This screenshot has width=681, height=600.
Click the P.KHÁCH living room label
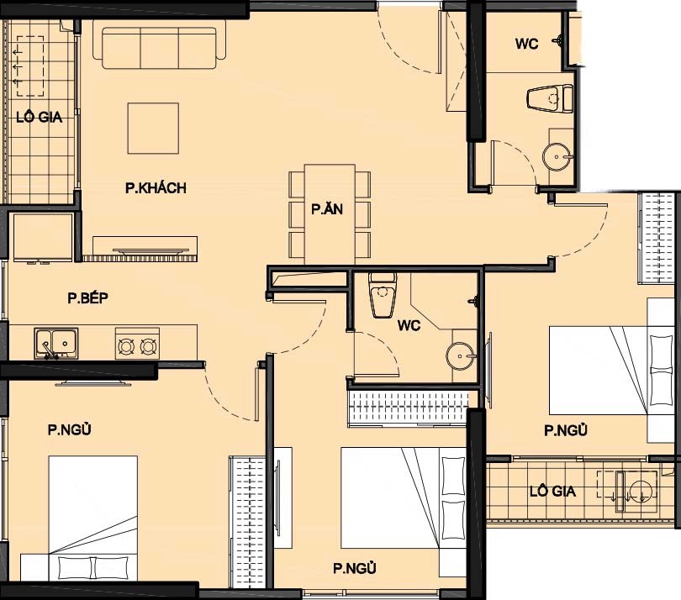pos(156,188)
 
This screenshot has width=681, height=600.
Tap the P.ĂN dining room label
pos(327,209)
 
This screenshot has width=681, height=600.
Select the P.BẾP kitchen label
pos(87,297)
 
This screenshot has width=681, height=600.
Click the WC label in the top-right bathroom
pos(527,44)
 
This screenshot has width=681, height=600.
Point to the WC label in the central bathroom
pos(409,325)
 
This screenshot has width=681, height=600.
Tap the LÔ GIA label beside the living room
pos(39,117)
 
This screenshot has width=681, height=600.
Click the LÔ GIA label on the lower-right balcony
pos(552,492)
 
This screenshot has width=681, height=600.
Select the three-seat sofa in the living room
pos(159,48)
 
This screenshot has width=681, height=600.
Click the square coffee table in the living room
pos(153,128)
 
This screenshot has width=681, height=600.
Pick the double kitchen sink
pos(56,344)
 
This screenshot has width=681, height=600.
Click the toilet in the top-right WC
pos(549,99)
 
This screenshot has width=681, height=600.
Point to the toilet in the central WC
pos(383,295)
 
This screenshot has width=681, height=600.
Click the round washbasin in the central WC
pos(461,356)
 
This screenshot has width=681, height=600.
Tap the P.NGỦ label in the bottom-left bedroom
pos(70,429)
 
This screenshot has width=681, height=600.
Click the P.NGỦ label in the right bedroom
pos(566,430)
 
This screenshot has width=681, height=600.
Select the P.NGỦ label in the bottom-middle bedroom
pos(355,568)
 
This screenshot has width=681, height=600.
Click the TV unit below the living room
pos(145,249)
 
